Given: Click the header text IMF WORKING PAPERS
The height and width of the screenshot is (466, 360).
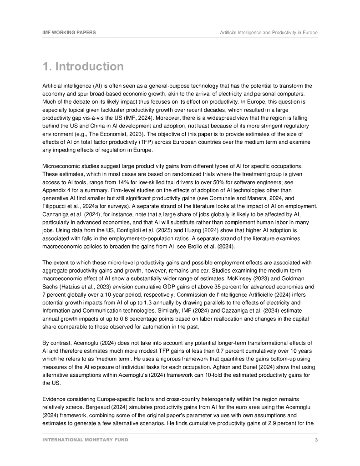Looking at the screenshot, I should pos(69,33).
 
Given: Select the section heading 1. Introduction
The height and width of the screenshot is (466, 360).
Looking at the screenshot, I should pos(83,66).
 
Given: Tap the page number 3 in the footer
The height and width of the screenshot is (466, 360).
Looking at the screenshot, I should pos(316,440).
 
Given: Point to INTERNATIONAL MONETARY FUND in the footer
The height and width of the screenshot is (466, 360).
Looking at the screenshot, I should pos(85,440).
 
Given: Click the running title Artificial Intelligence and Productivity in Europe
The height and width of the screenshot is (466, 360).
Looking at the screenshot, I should pos(269,33).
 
